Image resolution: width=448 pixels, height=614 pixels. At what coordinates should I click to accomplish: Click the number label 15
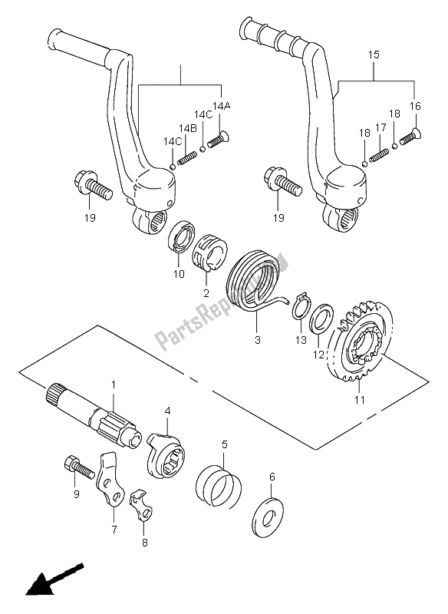[x=374, y=56]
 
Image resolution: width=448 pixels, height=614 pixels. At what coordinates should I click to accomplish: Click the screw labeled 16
[x=407, y=137]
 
